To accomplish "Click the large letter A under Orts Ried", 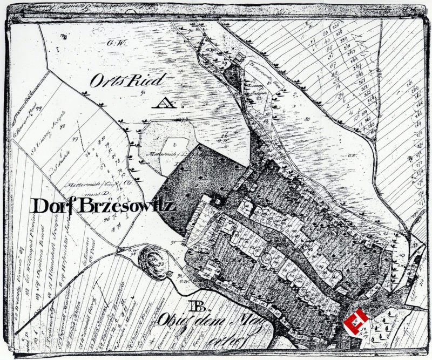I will point(160,103).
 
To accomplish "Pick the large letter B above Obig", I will point(196,307).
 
